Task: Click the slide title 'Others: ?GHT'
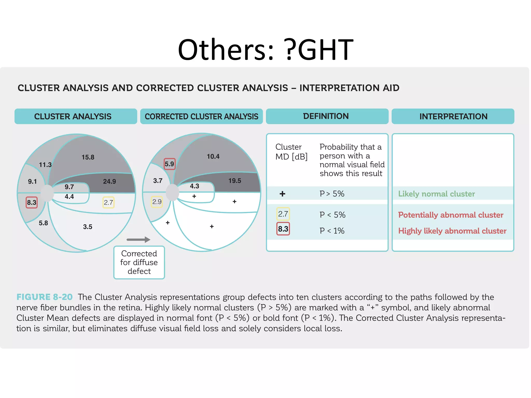pos(265,49)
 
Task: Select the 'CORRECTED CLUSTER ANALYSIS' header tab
pos(201,116)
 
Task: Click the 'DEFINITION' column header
pos(327,116)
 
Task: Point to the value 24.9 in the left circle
pos(109,181)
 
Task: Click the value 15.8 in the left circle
pos(88,157)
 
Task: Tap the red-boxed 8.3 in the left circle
pos(32,202)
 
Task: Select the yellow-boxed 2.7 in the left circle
pos(108,202)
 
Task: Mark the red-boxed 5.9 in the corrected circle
pos(169,164)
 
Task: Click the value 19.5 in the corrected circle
pos(235,181)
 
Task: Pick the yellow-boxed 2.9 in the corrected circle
pos(157,202)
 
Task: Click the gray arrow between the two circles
pos(138,240)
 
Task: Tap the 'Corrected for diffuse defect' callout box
pos(139,262)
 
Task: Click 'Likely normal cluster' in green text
pos(436,194)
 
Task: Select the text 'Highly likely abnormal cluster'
pos(452,231)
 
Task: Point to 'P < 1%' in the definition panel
pos(332,231)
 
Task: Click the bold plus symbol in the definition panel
pos(282,194)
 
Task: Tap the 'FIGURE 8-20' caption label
pos(45,297)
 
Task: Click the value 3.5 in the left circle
pos(88,227)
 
